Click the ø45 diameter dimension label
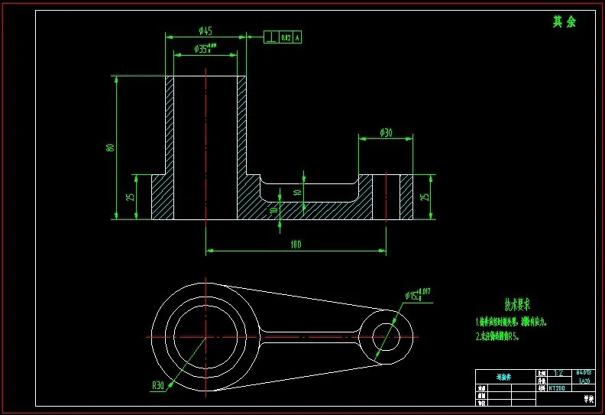tap(205, 31)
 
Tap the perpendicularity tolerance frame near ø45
tap(283, 37)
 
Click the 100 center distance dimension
tap(296, 245)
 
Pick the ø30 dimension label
tap(386, 133)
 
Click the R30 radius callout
tap(158, 385)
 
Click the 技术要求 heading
tap(504, 304)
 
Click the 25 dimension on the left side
tap(131, 197)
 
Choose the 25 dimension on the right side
tap(425, 197)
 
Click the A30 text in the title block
tap(584, 381)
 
